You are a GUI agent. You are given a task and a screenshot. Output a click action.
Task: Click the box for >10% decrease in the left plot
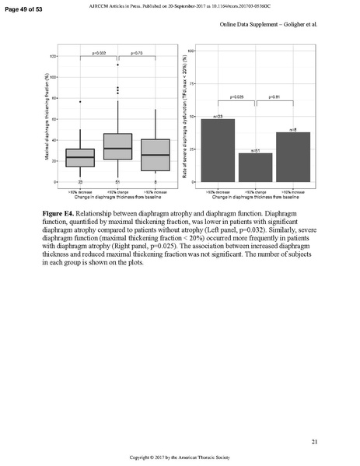[x=80, y=157]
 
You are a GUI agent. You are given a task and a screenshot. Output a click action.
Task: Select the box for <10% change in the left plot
[x=117, y=146]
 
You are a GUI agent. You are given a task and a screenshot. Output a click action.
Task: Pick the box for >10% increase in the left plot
[x=155, y=155]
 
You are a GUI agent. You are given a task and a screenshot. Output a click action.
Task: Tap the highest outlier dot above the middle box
[x=117, y=65]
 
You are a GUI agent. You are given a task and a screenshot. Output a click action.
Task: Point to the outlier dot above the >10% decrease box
[x=80, y=101]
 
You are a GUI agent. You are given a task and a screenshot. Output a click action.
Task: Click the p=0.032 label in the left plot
[x=99, y=53]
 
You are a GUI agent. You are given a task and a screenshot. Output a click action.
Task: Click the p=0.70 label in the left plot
[x=136, y=53]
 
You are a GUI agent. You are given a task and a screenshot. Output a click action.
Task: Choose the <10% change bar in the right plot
[x=255, y=167]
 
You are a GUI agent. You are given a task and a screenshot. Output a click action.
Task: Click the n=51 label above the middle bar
[x=255, y=149]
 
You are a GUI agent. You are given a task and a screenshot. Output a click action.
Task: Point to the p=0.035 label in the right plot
[x=236, y=97]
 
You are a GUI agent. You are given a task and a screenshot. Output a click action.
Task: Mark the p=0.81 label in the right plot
[x=274, y=97]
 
